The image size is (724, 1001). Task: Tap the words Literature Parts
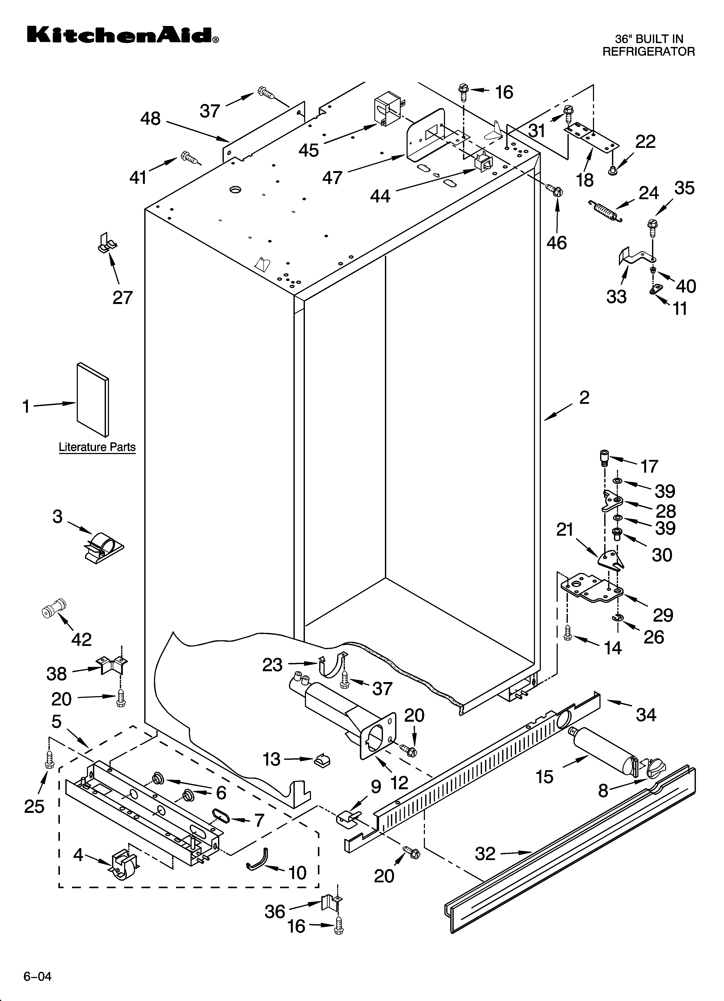click(97, 447)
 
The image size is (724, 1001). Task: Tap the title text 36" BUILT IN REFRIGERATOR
click(648, 45)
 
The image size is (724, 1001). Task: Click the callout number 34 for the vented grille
click(646, 714)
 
